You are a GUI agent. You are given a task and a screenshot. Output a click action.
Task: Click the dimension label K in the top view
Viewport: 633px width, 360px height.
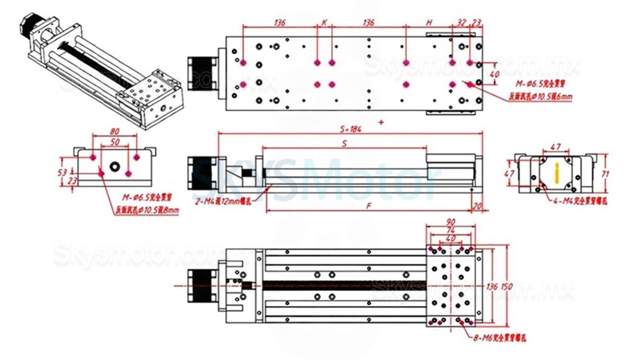324,22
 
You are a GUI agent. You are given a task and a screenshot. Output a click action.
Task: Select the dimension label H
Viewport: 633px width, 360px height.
429,22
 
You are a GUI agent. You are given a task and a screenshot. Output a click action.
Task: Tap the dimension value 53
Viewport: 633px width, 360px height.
62,171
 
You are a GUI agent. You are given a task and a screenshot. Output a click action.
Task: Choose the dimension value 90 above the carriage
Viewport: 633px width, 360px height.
450,222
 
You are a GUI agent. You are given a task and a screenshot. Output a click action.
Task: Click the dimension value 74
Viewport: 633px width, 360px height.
450,230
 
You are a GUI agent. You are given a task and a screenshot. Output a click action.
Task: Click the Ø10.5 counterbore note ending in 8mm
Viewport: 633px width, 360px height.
147,210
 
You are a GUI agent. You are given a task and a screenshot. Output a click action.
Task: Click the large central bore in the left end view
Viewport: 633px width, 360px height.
115,167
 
